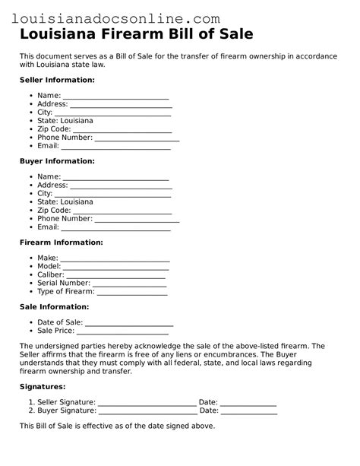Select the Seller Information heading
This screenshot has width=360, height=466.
57,80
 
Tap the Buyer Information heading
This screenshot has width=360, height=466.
57,161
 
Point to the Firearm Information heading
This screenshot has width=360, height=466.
61,243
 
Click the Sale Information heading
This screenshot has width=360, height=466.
54,306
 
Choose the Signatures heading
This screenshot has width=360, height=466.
42,387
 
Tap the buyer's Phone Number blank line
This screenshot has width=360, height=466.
137,220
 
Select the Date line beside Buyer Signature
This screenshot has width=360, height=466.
249,413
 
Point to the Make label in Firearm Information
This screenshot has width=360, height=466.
47,258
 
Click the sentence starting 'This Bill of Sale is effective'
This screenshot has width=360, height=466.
118,426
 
